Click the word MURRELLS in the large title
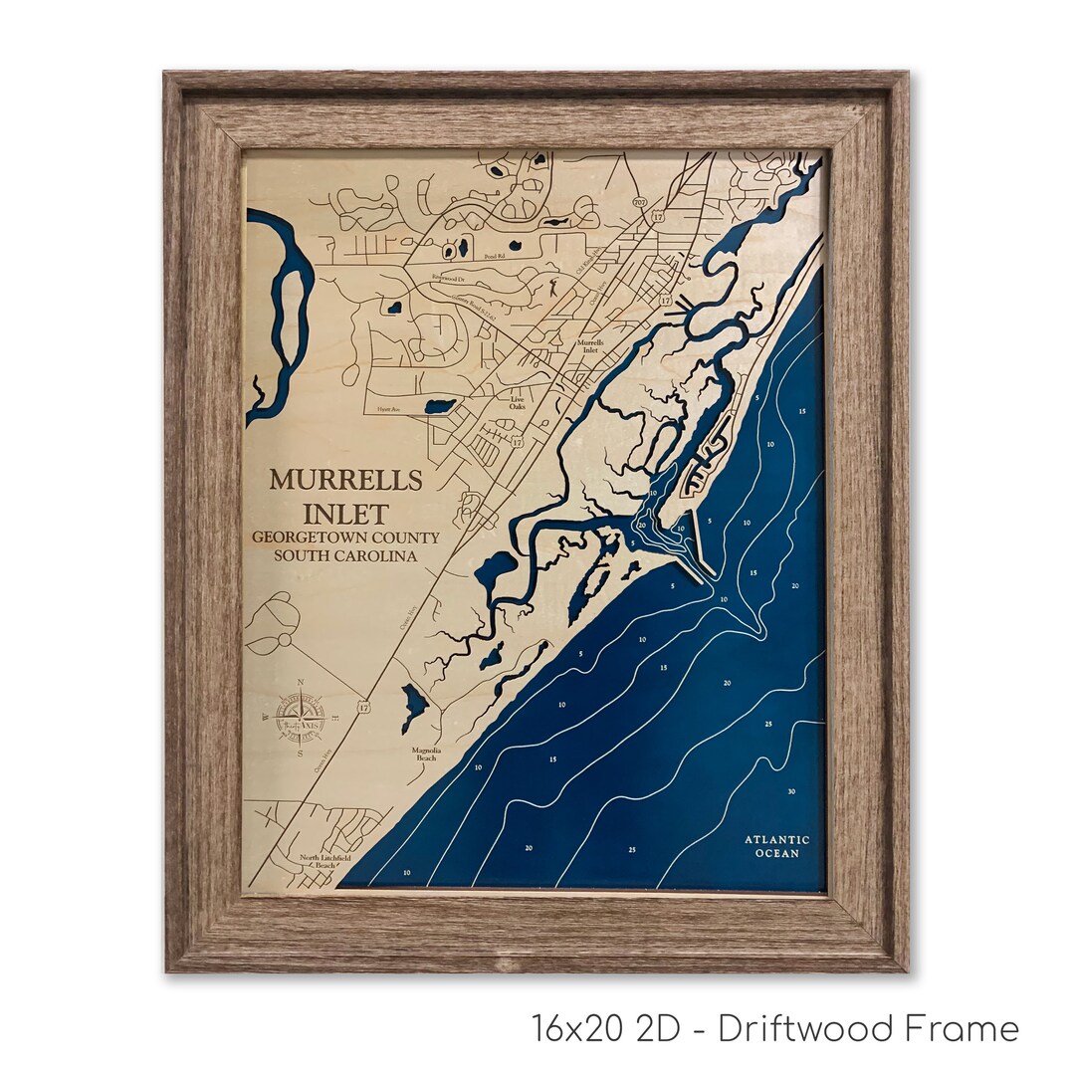[345, 479]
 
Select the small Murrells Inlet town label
[589, 345]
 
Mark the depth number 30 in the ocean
[789, 792]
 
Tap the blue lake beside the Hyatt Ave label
[439, 406]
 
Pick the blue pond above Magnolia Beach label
[414, 704]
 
